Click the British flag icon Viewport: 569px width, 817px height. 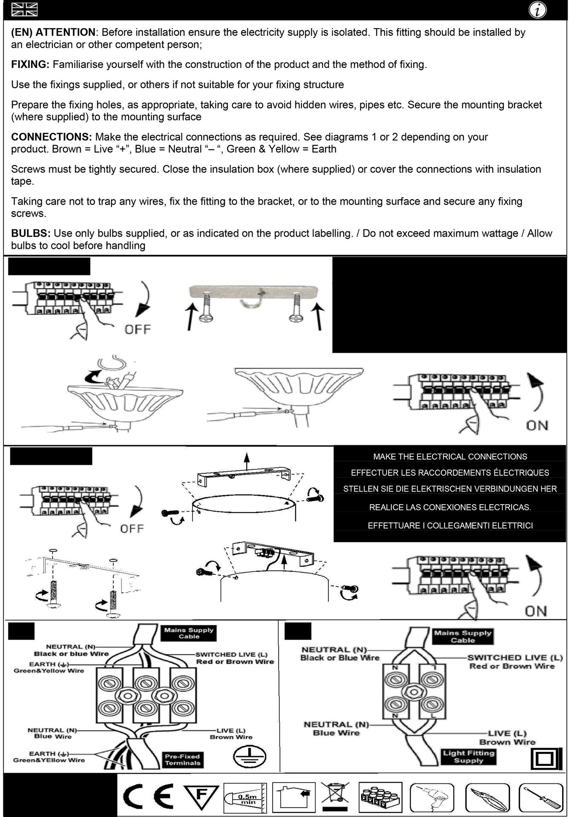coord(24,9)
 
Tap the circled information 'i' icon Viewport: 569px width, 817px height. coord(538,10)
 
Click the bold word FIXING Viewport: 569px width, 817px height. coord(30,65)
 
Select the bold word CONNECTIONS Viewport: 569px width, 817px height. coord(51,137)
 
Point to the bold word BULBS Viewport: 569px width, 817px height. coord(30,234)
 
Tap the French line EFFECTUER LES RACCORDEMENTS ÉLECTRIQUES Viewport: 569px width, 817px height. coord(450,473)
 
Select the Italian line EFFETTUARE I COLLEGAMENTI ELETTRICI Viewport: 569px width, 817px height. coord(450,526)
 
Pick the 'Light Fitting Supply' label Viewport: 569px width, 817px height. coord(468,757)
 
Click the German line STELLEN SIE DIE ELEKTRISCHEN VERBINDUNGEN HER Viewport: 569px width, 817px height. coord(450,489)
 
